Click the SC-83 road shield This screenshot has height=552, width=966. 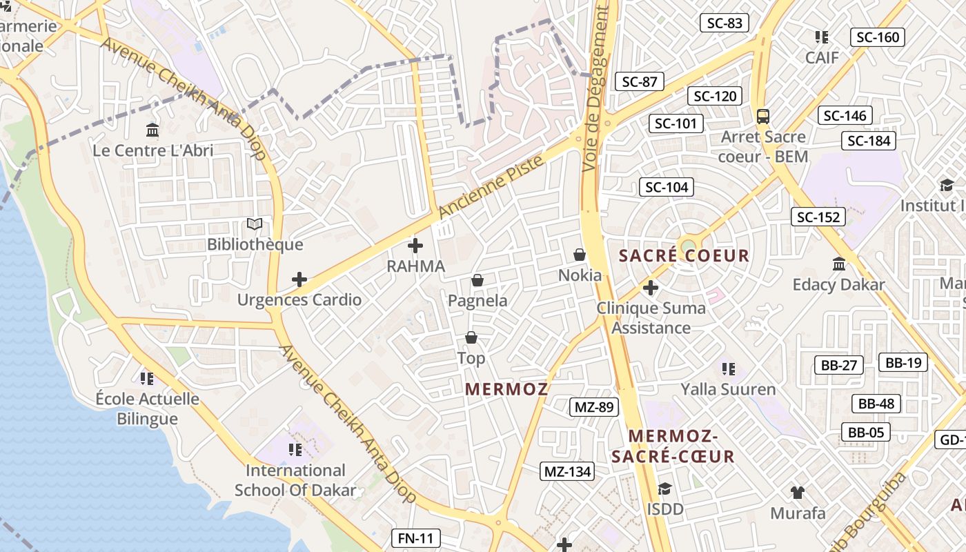pyautogui.click(x=725, y=23)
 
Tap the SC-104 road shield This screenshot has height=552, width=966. pyautogui.click(x=667, y=187)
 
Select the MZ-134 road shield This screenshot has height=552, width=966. pyautogui.click(x=567, y=472)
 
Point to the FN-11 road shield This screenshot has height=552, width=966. pyautogui.click(x=415, y=538)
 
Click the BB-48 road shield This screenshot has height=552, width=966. pyautogui.click(x=876, y=404)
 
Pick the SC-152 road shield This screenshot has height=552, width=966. pyautogui.click(x=818, y=217)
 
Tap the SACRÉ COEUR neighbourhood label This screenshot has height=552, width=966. pyautogui.click(x=684, y=256)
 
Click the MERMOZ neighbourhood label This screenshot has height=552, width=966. pyautogui.click(x=506, y=389)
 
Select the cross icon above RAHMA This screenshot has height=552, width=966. pyautogui.click(x=415, y=245)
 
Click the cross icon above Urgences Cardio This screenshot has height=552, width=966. pyautogui.click(x=299, y=279)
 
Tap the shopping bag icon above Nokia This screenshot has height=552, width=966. pyautogui.click(x=580, y=255)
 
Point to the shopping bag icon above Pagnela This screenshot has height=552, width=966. pyautogui.click(x=477, y=280)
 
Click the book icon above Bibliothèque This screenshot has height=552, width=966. pyautogui.click(x=255, y=224)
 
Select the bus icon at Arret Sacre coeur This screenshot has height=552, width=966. pyautogui.click(x=763, y=116)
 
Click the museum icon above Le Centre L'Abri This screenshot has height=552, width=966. pyautogui.click(x=152, y=130)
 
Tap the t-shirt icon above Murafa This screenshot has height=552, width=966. pyautogui.click(x=798, y=492)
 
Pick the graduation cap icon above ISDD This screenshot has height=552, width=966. pyautogui.click(x=664, y=489)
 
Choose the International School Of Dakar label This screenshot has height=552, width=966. pyautogui.click(x=295, y=480)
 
